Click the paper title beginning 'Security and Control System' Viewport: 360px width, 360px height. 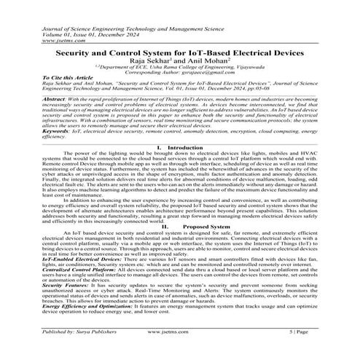179,54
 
